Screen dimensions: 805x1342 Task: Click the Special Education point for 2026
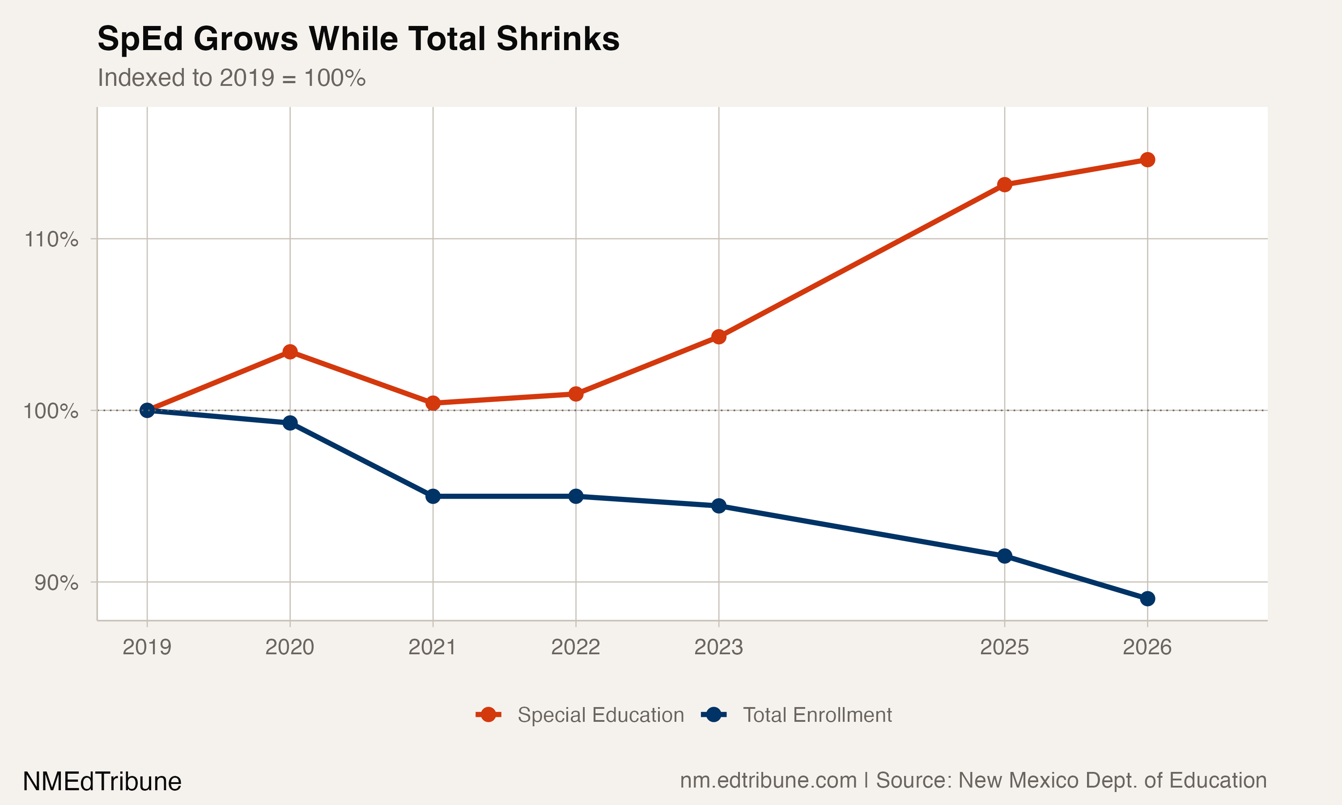pos(1147,160)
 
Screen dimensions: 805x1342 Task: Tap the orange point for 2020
pos(290,352)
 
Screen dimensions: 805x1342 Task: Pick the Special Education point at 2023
pos(719,337)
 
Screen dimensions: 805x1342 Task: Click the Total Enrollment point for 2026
pos(1147,599)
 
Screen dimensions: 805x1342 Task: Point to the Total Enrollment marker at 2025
pos(1005,556)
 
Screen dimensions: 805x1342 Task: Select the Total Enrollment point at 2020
pos(290,423)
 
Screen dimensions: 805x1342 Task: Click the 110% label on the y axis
pos(51,239)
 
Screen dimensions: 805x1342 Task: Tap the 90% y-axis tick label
pos(56,583)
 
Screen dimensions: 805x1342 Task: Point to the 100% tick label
pos(51,411)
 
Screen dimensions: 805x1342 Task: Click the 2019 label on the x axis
pos(147,647)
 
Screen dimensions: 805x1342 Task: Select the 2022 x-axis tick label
pos(576,647)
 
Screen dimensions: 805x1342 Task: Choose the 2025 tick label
pos(1005,647)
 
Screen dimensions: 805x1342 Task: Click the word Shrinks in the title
pos(558,39)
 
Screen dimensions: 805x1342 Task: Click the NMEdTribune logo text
pos(102,782)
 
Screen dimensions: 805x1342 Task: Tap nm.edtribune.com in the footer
pos(768,780)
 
